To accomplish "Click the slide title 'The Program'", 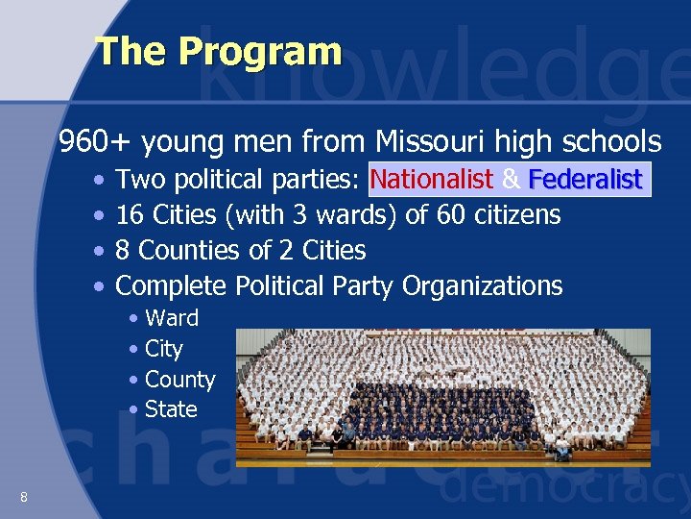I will (219, 51).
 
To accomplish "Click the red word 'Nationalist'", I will (431, 180).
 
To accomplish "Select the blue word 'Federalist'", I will (584, 180).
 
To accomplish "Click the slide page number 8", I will (23, 496).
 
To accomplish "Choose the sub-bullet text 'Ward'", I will (172, 318).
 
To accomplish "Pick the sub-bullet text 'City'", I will (163, 349).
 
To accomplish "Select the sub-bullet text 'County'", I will (179, 380).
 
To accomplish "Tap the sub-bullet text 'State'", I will (171, 409).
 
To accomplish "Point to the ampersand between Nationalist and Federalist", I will (511, 180).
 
